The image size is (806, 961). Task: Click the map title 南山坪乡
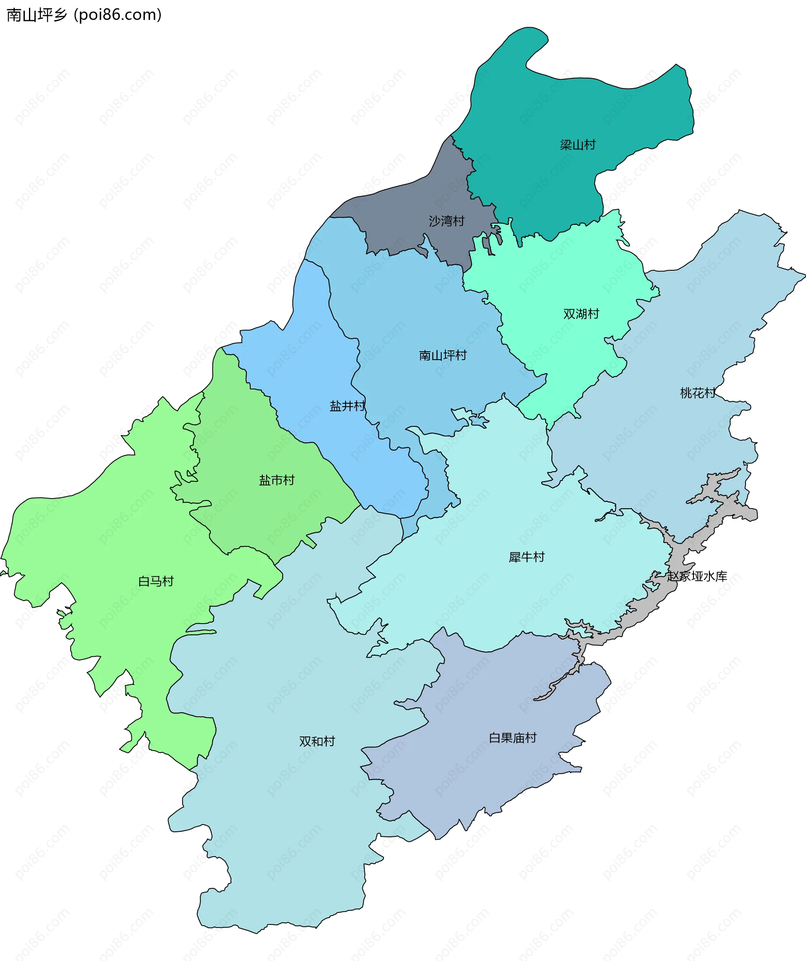37,15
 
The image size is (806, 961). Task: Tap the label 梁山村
578,145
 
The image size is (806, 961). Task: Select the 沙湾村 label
446,221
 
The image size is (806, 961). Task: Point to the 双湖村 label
581,314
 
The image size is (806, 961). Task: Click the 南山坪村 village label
442,355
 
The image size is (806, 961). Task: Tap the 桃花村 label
698,393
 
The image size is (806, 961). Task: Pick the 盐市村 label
277,480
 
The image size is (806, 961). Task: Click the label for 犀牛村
526,557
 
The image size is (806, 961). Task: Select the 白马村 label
156,581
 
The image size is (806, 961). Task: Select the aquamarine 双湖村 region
549,284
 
